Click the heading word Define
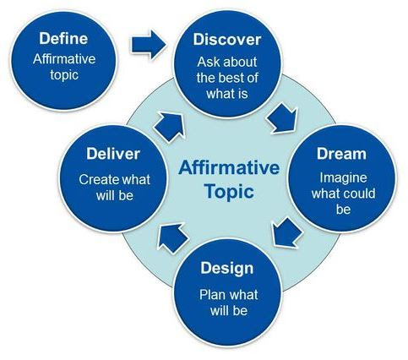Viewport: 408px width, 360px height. click(63, 38)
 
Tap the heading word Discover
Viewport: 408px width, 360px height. click(227, 40)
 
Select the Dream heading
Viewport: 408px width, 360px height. click(341, 154)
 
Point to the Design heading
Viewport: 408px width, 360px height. click(227, 268)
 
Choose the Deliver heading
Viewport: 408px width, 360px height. click(113, 154)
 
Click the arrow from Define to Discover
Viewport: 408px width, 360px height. click(149, 45)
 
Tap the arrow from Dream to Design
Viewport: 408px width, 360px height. click(286, 232)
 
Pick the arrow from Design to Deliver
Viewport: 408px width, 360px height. click(172, 237)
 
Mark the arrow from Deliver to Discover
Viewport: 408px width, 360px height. click(170, 127)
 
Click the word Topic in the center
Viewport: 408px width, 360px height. click(229, 193)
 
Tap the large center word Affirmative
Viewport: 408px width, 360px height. click(229, 168)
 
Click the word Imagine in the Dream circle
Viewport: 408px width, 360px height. click(343, 178)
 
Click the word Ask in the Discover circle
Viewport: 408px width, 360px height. click(207, 62)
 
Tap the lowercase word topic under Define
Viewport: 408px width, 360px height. click(64, 75)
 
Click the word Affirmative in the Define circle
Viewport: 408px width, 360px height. click(64, 59)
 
